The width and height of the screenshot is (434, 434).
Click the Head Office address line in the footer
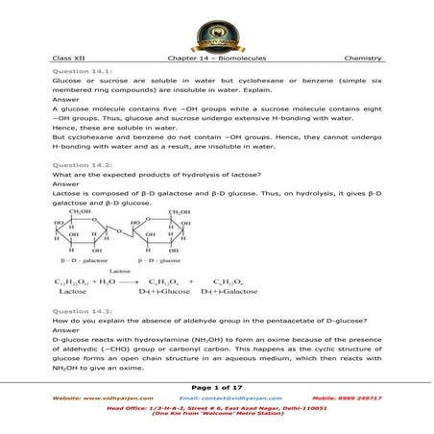coord(216,407)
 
